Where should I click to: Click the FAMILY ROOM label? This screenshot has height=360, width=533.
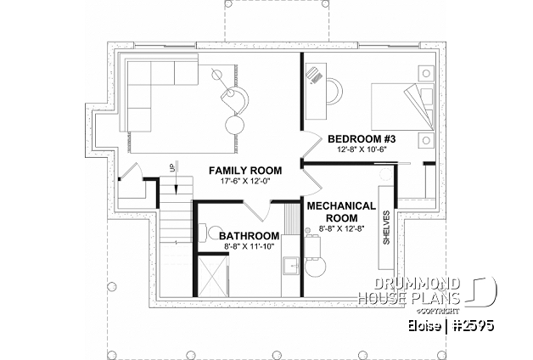click(245, 171)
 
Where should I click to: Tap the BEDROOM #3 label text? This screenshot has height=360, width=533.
click(362, 138)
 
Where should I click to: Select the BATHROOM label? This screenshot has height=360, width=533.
click(250, 235)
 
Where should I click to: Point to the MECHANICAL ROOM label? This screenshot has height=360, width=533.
click(341, 211)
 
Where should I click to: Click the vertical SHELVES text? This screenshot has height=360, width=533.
click(386, 228)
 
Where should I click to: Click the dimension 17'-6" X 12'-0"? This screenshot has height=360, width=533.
click(245, 183)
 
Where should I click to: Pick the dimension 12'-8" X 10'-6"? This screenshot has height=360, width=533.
click(362, 149)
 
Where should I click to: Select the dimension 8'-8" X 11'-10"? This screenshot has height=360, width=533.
click(250, 247)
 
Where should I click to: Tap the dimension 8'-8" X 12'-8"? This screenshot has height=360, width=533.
click(341, 228)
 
